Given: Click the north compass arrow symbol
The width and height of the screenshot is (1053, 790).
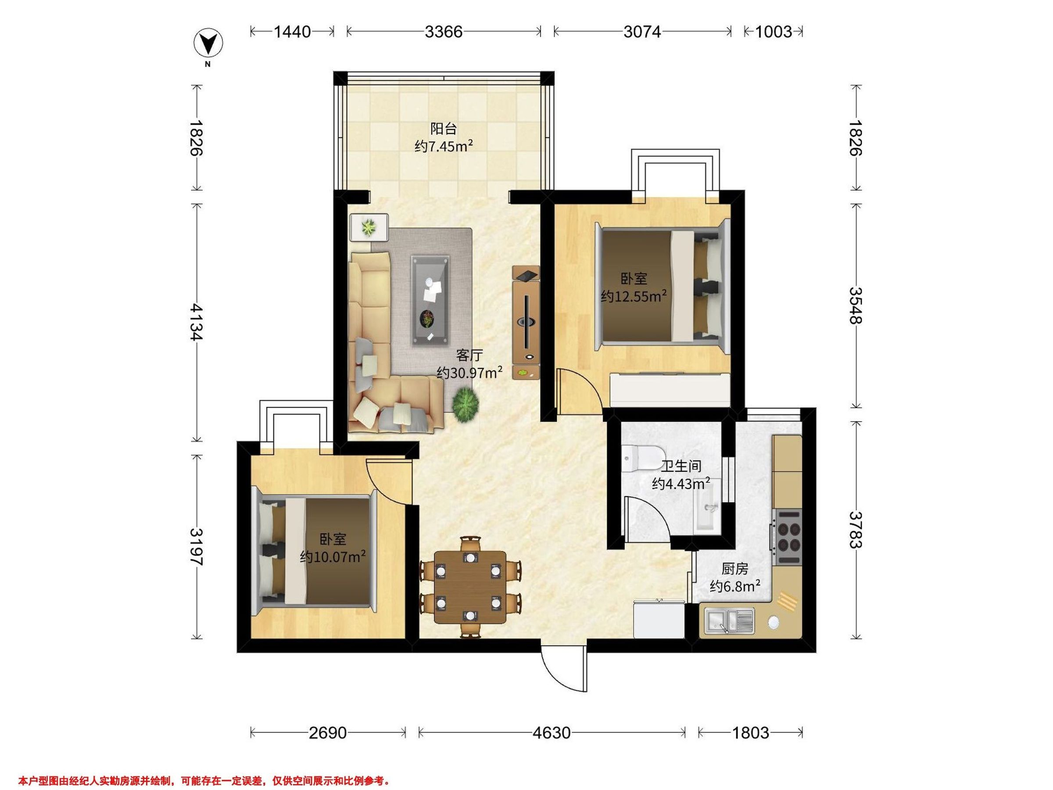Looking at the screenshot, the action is (208, 43).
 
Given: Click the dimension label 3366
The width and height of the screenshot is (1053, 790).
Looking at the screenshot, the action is (444, 32).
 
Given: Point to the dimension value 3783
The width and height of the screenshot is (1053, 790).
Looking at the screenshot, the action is (856, 530).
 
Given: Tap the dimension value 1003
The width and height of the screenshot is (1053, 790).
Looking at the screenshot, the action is (774, 32).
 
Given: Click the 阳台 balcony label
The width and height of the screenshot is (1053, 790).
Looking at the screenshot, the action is (444, 129).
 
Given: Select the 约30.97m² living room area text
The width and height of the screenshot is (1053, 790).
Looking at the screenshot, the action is (470, 372).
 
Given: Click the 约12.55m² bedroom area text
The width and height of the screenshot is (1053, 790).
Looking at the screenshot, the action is (634, 296).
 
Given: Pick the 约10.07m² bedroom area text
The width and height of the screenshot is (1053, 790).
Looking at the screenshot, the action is (333, 556).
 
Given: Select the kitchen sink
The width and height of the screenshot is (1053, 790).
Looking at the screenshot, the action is (729, 622).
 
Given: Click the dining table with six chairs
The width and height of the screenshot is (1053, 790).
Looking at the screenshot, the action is (470, 587).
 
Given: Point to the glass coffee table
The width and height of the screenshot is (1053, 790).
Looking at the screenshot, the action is (431, 299).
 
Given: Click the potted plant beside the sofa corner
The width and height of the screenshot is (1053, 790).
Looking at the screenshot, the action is (466, 404).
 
